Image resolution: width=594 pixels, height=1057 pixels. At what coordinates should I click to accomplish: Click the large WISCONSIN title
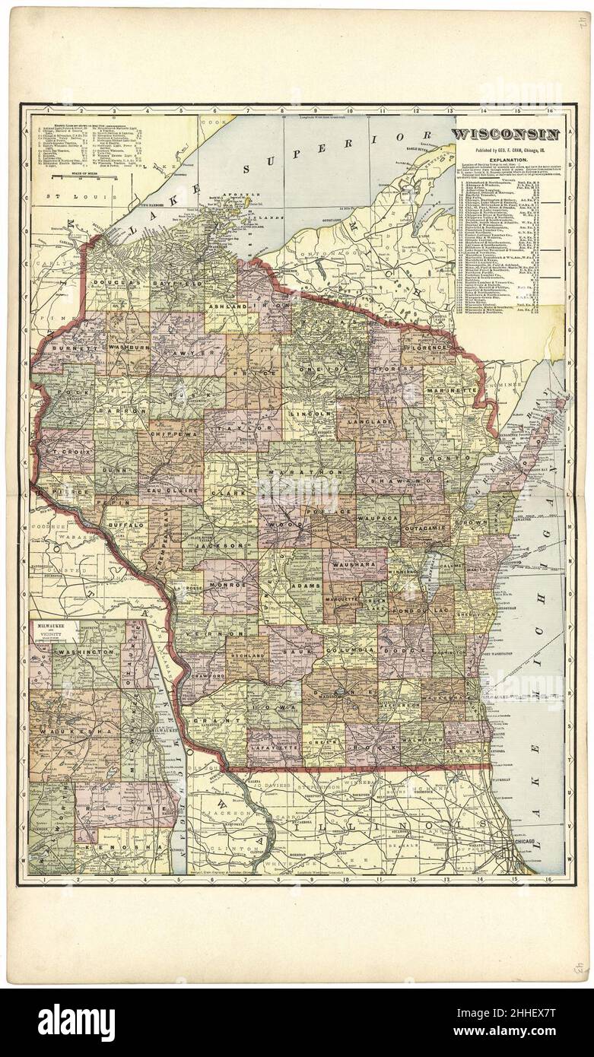click(507, 135)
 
